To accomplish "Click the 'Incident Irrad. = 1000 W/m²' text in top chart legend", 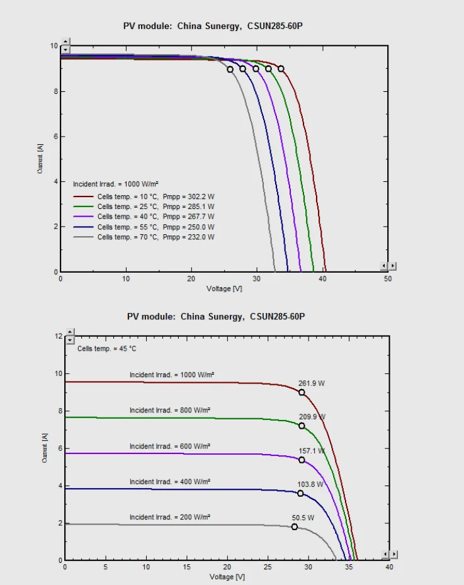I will click(115, 184).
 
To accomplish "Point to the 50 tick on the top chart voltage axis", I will click(388, 278).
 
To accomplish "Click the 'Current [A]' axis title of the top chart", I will click(41, 159).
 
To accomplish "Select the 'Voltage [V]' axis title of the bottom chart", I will click(227, 576).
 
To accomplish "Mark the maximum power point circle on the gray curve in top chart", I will click(230, 69).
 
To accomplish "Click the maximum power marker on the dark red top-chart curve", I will click(281, 69).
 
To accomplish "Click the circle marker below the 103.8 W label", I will click(300, 493).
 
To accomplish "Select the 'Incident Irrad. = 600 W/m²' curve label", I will click(170, 446).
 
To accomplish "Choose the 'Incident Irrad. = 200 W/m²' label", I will click(170, 516).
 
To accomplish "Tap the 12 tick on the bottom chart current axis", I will click(59, 336).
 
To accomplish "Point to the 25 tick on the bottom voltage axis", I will click(268, 567).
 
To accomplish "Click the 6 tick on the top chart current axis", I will click(55, 137).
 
